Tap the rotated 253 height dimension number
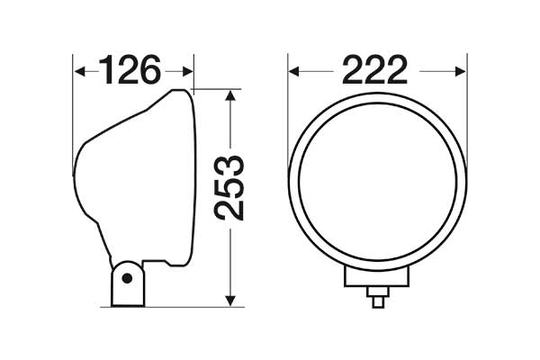point(230,187)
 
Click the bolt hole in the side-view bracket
point(129,276)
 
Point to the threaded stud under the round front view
point(378,296)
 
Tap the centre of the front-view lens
point(377,184)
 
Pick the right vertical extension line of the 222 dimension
point(466,108)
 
